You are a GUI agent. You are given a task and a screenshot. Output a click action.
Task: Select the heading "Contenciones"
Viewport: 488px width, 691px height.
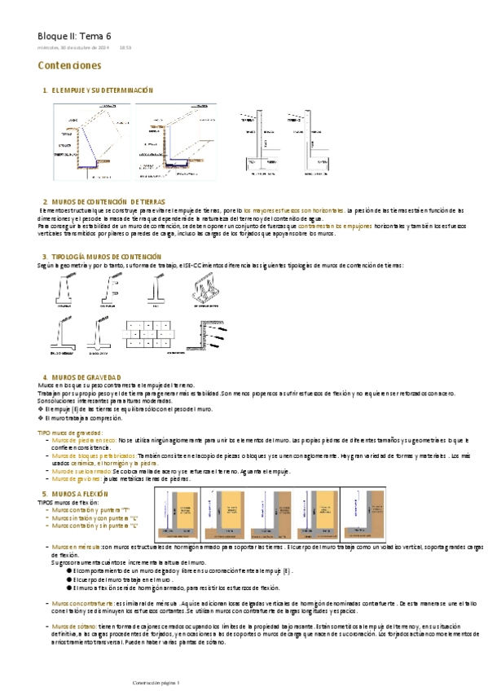69,64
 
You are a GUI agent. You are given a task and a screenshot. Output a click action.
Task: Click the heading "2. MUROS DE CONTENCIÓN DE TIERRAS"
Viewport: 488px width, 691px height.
103,200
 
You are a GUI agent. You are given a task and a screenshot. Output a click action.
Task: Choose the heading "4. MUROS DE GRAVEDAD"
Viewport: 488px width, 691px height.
81,377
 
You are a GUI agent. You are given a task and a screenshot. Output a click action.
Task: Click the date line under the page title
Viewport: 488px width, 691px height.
73,47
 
